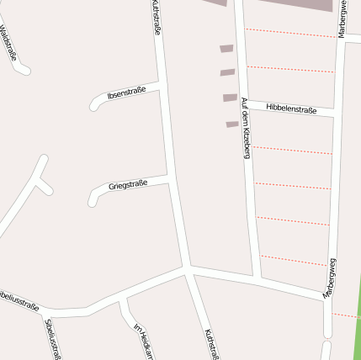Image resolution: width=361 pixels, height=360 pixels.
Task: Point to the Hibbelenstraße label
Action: click(291, 109)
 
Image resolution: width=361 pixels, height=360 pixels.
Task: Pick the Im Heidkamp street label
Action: click(143, 341)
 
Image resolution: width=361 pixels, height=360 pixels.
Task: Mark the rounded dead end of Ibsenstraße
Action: click(93, 106)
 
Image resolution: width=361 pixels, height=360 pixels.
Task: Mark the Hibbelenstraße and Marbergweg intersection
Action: click(336, 112)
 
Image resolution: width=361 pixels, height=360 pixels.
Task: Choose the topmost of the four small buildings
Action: click(226, 49)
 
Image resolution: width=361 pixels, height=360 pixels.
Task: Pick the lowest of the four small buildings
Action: click(232, 124)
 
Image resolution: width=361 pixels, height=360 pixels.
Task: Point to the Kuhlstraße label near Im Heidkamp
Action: click(211, 343)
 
